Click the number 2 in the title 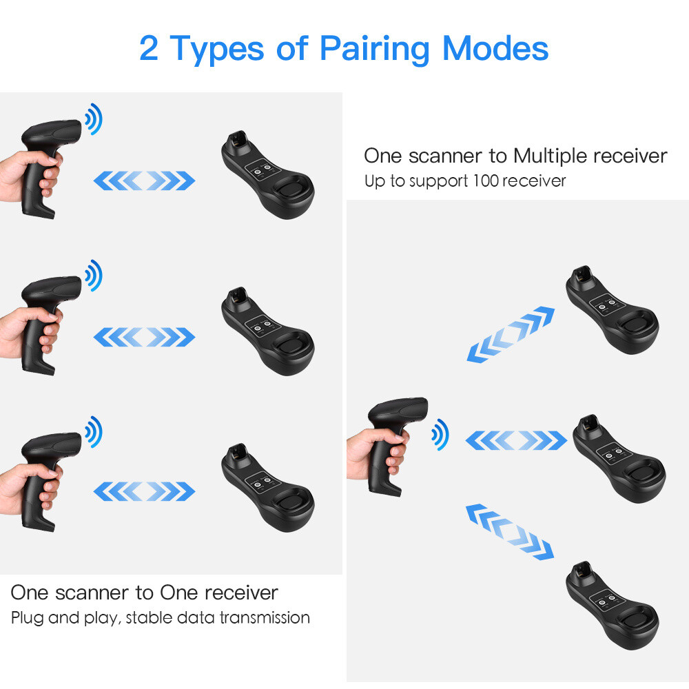[x=150, y=49]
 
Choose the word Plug [x=26, y=617]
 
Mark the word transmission [x=265, y=617]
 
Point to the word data [x=198, y=617]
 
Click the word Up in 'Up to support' [x=373, y=182]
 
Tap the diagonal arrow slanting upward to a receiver [x=511, y=335]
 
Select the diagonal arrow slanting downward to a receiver [x=511, y=531]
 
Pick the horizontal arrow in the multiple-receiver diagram [x=516, y=440]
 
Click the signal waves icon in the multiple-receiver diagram [x=440, y=436]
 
